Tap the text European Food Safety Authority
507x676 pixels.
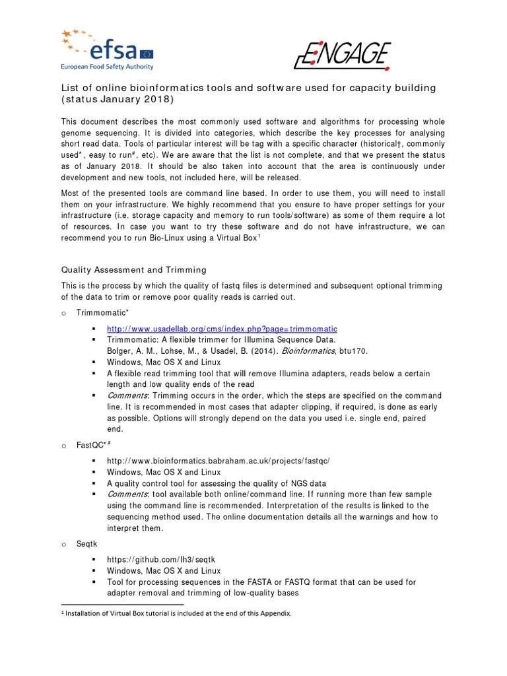click(107, 67)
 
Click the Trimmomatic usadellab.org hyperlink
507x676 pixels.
click(222, 328)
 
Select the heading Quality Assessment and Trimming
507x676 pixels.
click(134, 269)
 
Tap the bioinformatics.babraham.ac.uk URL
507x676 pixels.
click(218, 461)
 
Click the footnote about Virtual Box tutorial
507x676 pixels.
click(178, 613)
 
